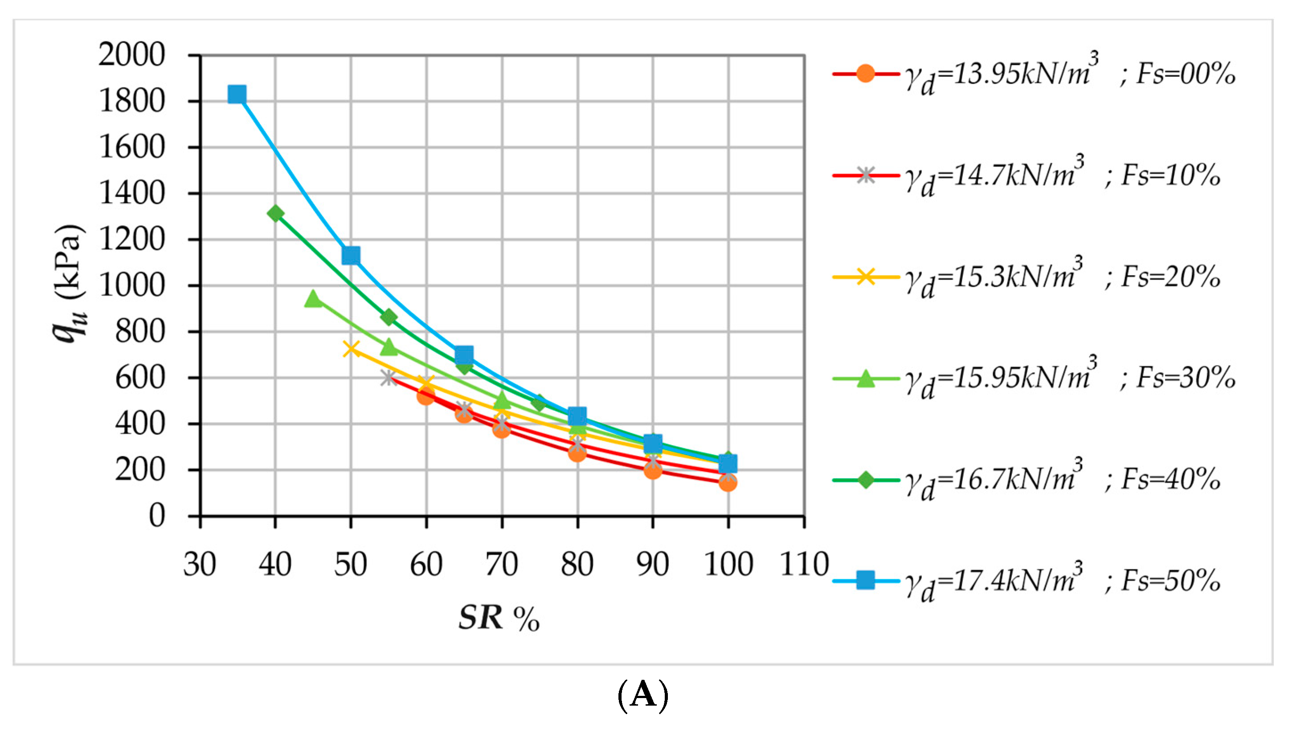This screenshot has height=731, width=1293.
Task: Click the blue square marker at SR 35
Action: pyautogui.click(x=237, y=94)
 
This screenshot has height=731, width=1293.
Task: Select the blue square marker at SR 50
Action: pyautogui.click(x=351, y=256)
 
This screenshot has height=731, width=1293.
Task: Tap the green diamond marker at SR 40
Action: pyautogui.click(x=275, y=214)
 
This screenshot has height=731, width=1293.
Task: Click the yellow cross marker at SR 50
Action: pyautogui.click(x=351, y=349)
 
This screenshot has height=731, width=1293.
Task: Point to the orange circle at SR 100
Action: pyautogui.click(x=728, y=483)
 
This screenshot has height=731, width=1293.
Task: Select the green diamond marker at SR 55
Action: pyautogui.click(x=389, y=317)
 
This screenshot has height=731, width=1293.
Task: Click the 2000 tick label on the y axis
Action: pyautogui.click(x=131, y=55)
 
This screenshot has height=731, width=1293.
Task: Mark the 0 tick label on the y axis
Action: pyautogui.click(x=157, y=516)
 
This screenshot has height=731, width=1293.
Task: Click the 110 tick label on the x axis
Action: pyautogui.click(x=804, y=564)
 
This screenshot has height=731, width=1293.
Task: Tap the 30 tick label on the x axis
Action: pyautogui.click(x=200, y=564)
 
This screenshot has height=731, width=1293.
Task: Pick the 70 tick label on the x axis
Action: pyautogui.click(x=501, y=564)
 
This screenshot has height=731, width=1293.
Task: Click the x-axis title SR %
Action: pyautogui.click(x=499, y=617)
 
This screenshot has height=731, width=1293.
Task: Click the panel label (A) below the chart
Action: pyautogui.click(x=643, y=695)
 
